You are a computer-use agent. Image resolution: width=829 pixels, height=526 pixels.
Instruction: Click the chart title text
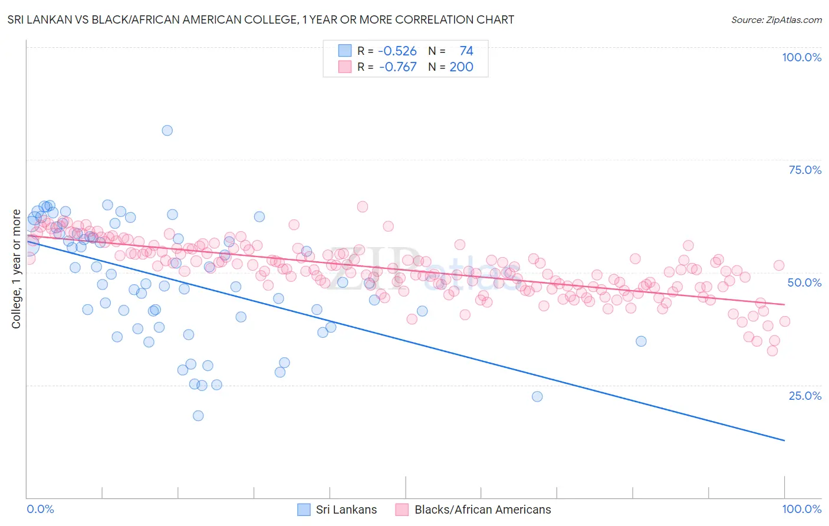pyautogui.click(x=261, y=19)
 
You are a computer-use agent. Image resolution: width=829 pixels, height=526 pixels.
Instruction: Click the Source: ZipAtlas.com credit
pyautogui.click(x=776, y=19)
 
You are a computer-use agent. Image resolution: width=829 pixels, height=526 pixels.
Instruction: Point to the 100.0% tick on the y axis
pyautogui.click(x=801, y=57)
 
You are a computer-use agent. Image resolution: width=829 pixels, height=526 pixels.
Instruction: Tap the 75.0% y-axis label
pyautogui.click(x=805, y=170)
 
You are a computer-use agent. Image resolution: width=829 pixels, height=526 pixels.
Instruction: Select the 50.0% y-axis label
pyautogui.click(x=804, y=282)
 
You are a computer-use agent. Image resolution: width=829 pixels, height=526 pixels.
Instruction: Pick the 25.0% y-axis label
pyautogui.click(x=805, y=396)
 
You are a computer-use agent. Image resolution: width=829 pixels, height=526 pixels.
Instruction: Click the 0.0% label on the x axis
pyautogui.click(x=40, y=509)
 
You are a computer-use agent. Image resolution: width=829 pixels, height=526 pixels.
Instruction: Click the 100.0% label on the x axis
pyautogui.click(x=801, y=509)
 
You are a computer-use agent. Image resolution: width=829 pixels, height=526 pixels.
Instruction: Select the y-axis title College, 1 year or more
pyautogui.click(x=17, y=269)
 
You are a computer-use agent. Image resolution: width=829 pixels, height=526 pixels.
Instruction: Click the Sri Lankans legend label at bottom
pyautogui.click(x=346, y=509)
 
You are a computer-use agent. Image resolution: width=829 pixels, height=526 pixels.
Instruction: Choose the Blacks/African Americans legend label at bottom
pyautogui.click(x=482, y=509)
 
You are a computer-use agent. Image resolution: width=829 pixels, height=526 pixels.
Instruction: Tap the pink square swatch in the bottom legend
pyautogui.click(x=402, y=509)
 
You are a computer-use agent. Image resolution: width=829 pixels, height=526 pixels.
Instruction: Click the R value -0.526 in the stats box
pyautogui.click(x=397, y=51)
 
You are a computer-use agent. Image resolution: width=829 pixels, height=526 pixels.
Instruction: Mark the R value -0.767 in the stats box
pyautogui.click(x=397, y=67)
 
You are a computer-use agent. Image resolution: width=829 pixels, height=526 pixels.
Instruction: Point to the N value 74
pyautogui.click(x=466, y=51)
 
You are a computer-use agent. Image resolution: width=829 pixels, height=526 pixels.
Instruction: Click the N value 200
pyautogui.click(x=461, y=67)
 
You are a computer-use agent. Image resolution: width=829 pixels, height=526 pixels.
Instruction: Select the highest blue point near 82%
pyautogui.click(x=167, y=130)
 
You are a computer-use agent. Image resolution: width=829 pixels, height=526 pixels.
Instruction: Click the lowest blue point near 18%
pyautogui.click(x=198, y=416)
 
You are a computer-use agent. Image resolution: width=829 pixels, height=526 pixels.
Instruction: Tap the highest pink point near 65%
pyautogui.click(x=363, y=206)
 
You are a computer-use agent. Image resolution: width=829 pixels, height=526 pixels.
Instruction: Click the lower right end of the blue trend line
pyautogui.click(x=784, y=440)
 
